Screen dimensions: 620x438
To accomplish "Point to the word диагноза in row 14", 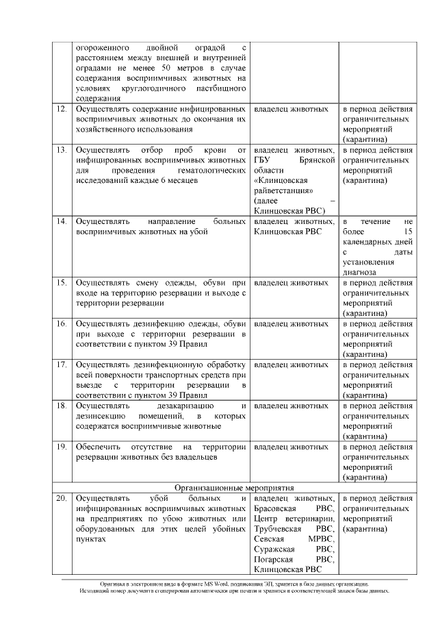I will tap(360, 272).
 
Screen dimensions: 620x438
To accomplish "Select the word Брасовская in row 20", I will tap(275, 509).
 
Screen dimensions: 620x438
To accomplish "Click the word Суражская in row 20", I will tap(274, 549).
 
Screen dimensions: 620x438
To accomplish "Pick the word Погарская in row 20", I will tap(274, 559).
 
